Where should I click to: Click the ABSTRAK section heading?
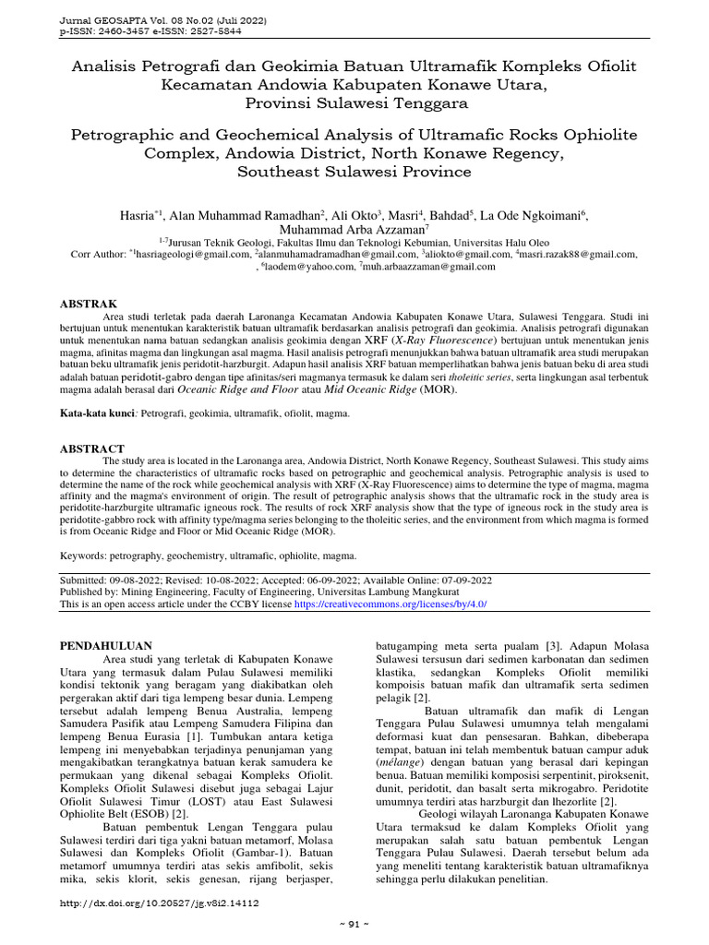coord(89,303)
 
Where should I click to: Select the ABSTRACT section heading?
coord(92,448)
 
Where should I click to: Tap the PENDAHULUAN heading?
coord(106,645)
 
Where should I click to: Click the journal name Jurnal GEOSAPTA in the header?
coord(101,18)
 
